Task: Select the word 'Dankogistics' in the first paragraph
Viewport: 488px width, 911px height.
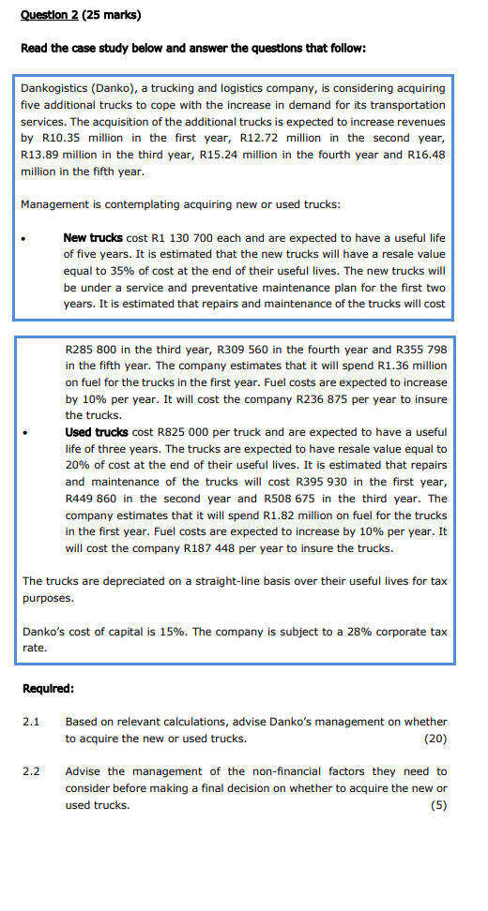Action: [55, 88]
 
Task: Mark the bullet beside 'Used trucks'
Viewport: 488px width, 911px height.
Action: [25, 432]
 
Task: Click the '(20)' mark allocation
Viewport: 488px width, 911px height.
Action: [435, 739]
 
